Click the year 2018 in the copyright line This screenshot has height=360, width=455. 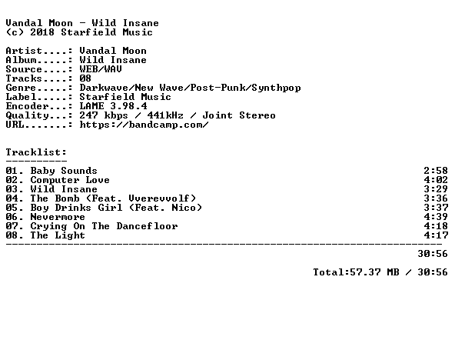pos(42,32)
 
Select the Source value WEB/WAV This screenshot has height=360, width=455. pos(101,69)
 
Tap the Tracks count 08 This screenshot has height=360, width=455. pos(85,78)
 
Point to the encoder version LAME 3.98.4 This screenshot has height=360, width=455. pos(114,106)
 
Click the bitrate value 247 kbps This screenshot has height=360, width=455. pos(104,115)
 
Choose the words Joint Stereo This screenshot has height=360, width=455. pos(239,115)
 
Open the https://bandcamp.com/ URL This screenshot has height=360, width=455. pos(144,125)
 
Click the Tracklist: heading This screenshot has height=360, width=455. pos(36,152)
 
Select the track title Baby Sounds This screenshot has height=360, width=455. pos(64,171)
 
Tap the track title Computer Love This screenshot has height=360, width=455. pos(70,180)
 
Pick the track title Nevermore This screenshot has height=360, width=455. pos(58,217)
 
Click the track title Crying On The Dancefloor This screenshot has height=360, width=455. pos(104,226)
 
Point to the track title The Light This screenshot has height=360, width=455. pos(58,235)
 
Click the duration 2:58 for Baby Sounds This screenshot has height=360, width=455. pos(436,171)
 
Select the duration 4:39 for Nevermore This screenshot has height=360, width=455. pos(436,217)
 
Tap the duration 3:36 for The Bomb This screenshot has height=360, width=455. pos(436,198)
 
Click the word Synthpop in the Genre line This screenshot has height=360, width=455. pos(276,88)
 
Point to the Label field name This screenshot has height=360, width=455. pos(21,97)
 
